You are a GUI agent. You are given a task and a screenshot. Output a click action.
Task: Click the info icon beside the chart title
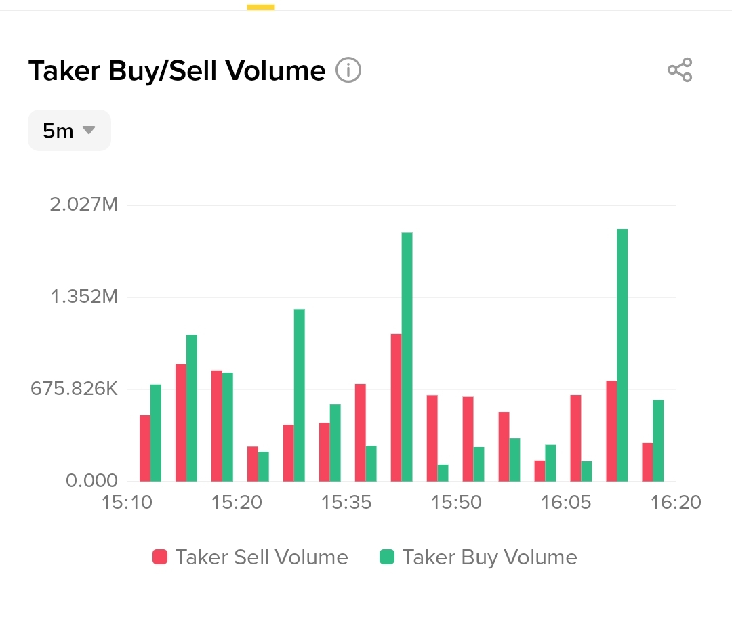[x=348, y=70]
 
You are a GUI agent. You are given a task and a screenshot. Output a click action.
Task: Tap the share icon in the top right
[x=680, y=70]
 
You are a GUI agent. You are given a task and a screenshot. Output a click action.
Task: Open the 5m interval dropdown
[x=68, y=130]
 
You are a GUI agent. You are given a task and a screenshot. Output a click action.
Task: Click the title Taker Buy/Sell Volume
[x=176, y=70]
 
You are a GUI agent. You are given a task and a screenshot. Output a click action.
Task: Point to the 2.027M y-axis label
[x=84, y=204]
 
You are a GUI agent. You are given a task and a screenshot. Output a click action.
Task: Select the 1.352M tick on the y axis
[x=84, y=297]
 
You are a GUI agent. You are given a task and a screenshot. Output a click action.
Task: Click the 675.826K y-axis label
[x=74, y=389]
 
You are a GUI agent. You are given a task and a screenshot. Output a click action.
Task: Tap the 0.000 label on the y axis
[x=91, y=481]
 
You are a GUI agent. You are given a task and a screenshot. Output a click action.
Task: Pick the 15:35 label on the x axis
[x=346, y=503]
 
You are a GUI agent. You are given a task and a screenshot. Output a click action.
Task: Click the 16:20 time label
[x=676, y=503]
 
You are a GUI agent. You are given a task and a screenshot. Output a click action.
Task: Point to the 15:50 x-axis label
[x=457, y=503]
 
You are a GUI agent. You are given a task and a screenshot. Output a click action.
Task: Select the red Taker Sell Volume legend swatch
[x=160, y=557]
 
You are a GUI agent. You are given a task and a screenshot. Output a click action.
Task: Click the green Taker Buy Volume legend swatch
[x=386, y=557]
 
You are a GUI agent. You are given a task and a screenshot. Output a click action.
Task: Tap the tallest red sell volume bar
[x=396, y=407]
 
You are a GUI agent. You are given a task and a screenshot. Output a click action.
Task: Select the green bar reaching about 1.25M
[x=299, y=395]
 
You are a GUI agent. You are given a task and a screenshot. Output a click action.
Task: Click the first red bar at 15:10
[x=144, y=448]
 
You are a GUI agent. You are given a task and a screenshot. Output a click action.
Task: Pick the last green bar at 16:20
[x=657, y=440]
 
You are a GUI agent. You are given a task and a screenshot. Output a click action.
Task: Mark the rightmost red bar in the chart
[x=647, y=462]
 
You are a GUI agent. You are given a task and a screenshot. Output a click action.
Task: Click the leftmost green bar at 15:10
[x=156, y=433]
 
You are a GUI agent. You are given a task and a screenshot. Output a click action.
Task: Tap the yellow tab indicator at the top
[x=261, y=7]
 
